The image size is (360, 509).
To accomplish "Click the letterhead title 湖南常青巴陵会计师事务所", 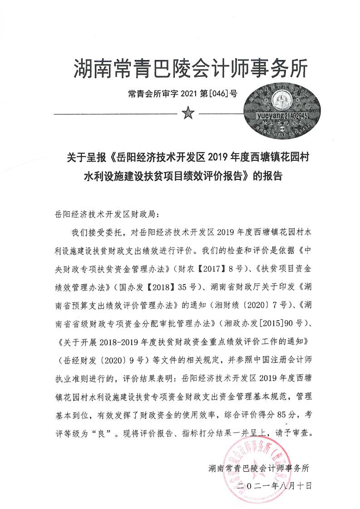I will (x=190, y=69).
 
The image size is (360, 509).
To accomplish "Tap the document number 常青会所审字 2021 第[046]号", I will (x=183, y=94).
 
